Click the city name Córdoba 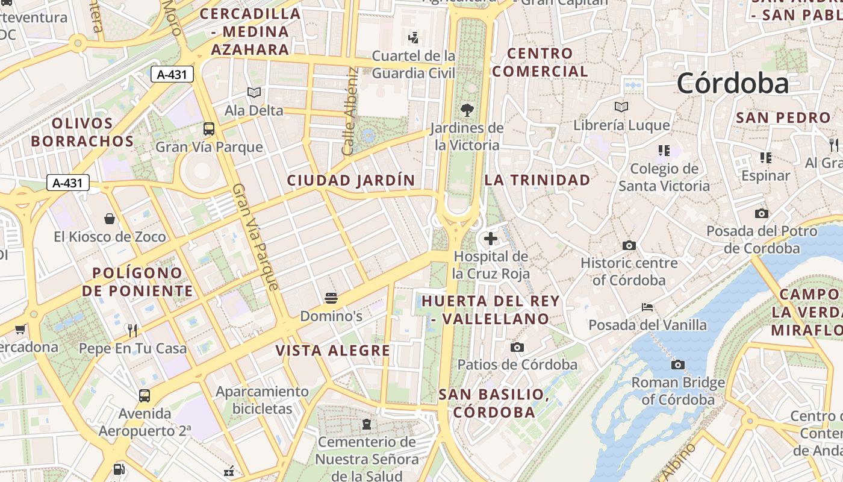[x=732, y=83]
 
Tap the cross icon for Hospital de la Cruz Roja [x=491, y=239]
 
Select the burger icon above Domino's [x=331, y=298]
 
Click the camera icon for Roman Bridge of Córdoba [x=678, y=365]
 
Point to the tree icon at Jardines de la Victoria [x=467, y=110]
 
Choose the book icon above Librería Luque [x=621, y=107]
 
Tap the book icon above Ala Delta [x=254, y=92]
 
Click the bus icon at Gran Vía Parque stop [x=209, y=129]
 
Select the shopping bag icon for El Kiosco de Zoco [x=110, y=218]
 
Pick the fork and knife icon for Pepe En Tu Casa [x=133, y=330]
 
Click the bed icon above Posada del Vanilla [x=647, y=307]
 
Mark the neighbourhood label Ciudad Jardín [x=351, y=180]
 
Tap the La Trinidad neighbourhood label [x=537, y=180]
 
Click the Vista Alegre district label [x=333, y=351]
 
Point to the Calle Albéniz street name [x=350, y=111]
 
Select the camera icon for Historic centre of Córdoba [x=629, y=245]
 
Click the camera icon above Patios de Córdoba [x=517, y=347]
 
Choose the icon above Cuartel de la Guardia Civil [x=413, y=38]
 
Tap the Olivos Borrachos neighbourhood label [x=82, y=133]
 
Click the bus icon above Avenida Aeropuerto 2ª [x=145, y=396]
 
